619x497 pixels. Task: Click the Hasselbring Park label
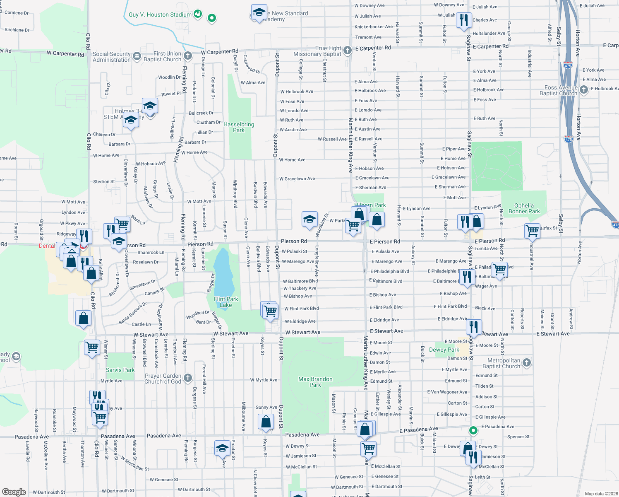coord(239,127)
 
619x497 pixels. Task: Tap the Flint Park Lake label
coord(226,302)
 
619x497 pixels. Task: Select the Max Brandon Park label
coord(315,382)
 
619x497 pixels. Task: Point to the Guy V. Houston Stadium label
coord(160,14)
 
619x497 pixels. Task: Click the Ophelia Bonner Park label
coord(524,208)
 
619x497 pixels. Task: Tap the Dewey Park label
coord(444,350)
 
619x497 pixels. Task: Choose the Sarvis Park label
coord(120,370)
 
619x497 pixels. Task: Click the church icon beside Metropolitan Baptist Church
coord(527,363)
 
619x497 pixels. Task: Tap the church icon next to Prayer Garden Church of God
coord(187,378)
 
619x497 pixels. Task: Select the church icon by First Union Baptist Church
coord(188,55)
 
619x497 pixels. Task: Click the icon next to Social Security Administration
coord(137,56)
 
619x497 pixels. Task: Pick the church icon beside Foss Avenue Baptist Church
coord(583,89)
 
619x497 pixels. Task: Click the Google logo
coord(14,492)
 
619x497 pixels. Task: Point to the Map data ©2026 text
coord(601,494)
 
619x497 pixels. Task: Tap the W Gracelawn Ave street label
coord(297,179)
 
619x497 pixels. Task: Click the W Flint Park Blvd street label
coord(301,309)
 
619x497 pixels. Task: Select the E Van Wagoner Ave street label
coord(447,392)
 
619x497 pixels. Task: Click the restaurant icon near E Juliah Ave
coord(464,20)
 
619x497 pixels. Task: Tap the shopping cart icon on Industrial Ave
coord(532,231)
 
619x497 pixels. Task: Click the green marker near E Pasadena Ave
coord(473,431)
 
